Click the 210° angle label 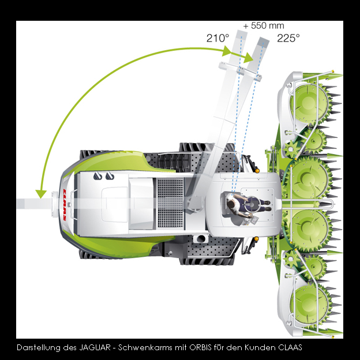tap(217, 38)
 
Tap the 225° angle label tap(288, 38)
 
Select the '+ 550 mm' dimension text tap(264, 26)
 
